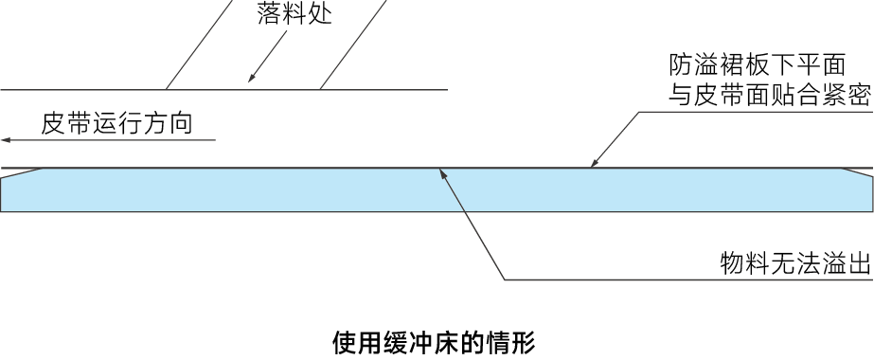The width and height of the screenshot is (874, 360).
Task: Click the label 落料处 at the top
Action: (294, 15)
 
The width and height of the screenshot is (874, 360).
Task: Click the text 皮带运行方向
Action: (116, 123)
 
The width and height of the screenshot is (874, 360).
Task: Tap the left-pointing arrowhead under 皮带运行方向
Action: (6, 140)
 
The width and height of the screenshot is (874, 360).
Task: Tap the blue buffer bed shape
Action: (436, 191)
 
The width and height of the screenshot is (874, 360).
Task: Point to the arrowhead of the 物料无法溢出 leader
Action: (442, 172)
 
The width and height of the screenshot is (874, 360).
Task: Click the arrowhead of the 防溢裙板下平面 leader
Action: (595, 164)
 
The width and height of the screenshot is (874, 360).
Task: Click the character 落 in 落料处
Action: (269, 15)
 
